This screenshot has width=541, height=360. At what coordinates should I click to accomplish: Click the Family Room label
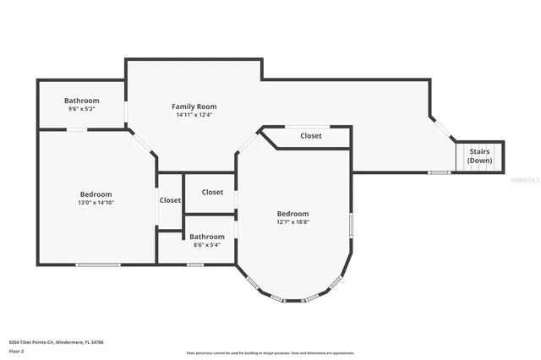coord(194,106)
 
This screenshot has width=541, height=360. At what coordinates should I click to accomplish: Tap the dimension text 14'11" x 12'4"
coord(194,116)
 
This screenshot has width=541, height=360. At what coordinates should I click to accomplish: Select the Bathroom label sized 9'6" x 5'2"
coord(82,101)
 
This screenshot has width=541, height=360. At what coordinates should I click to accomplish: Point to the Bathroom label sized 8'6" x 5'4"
coord(206,237)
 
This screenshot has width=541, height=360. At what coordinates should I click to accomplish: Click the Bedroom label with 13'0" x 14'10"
coord(96,194)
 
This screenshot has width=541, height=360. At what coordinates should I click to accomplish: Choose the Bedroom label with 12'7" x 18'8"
coord(292,214)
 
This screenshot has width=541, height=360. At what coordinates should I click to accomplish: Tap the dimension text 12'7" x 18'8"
coord(292,223)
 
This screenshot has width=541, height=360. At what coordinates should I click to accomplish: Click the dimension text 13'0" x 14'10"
coord(96,203)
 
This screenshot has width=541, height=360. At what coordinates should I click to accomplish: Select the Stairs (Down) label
coord(480,155)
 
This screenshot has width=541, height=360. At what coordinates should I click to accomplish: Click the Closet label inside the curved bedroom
coord(310,136)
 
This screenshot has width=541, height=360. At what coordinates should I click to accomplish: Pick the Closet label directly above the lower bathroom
coord(212,193)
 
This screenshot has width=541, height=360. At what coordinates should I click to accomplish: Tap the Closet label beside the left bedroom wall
coord(170,200)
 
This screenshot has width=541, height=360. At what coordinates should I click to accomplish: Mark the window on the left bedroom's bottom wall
coord(98,265)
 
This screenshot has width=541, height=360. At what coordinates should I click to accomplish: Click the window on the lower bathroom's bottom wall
coord(195,265)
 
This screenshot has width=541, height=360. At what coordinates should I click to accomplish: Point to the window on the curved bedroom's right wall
coord(350,226)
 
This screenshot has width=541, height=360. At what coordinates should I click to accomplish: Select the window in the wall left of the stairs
coord(439,172)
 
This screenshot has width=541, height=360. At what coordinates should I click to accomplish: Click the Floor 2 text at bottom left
coord(17,351)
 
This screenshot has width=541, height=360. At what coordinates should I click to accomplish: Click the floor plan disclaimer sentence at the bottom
coord(270,353)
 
